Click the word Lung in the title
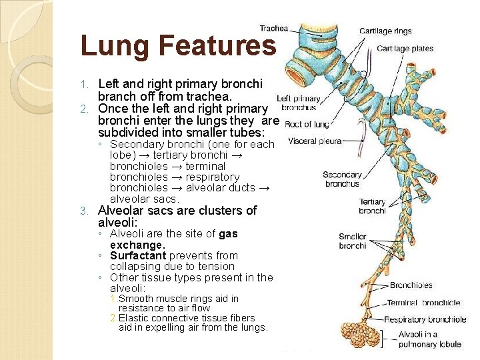tap(113, 46)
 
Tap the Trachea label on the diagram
tap(273, 28)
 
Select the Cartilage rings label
tap(385, 31)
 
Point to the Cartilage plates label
tap(405, 48)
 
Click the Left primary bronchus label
tap(298, 103)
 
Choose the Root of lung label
tap(307, 124)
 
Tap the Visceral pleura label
tap(315, 141)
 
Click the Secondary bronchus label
tap(342, 179)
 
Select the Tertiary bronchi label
tap(372, 206)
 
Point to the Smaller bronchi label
tap(352, 241)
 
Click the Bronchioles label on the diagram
tap(411, 285)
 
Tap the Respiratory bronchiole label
tap(425, 319)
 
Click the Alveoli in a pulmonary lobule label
tap(427, 339)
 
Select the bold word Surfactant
tap(139, 255)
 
